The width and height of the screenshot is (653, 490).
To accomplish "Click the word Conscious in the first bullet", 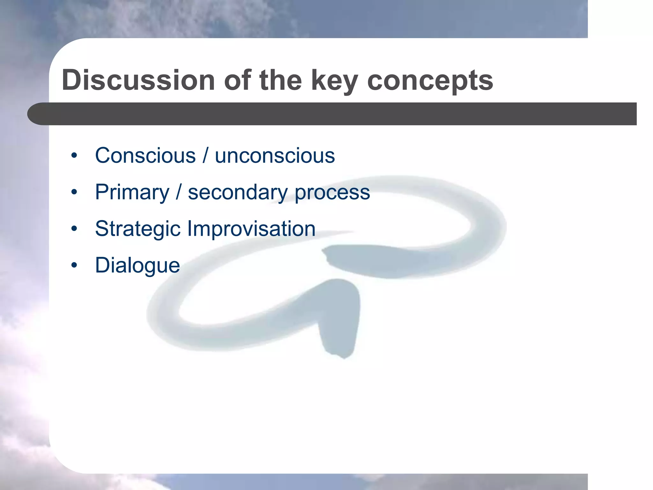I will [x=145, y=156].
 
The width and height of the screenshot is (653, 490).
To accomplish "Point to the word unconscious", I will [x=275, y=156].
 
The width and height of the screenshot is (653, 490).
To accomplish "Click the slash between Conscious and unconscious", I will [x=205, y=156].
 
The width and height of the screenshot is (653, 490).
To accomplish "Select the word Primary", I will [x=132, y=193].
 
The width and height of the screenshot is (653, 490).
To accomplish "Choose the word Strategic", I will [x=138, y=229].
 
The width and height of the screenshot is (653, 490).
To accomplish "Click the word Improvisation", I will [x=251, y=229].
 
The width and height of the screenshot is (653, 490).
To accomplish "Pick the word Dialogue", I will [x=137, y=265].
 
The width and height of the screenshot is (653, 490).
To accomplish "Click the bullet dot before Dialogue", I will [x=74, y=265].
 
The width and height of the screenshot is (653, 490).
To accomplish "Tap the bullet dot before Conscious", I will [x=74, y=156].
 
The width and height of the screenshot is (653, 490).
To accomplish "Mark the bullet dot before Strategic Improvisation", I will [x=74, y=229].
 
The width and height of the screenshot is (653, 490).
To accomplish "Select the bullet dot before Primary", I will [x=74, y=192].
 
